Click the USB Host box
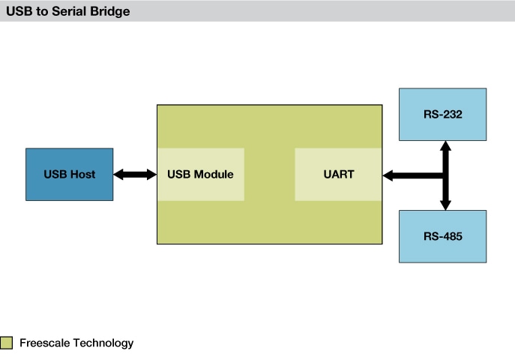(x=69, y=174)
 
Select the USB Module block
(x=200, y=174)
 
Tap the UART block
(x=338, y=174)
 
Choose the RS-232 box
(x=442, y=114)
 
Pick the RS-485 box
(x=442, y=236)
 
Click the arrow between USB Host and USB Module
(x=135, y=174)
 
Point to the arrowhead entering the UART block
(x=388, y=175)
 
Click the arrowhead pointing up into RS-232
(x=445, y=145)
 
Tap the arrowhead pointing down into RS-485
(x=445, y=204)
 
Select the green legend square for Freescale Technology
(x=7, y=343)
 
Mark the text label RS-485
(x=442, y=236)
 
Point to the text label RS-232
(x=442, y=114)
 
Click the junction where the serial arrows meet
(x=445, y=175)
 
